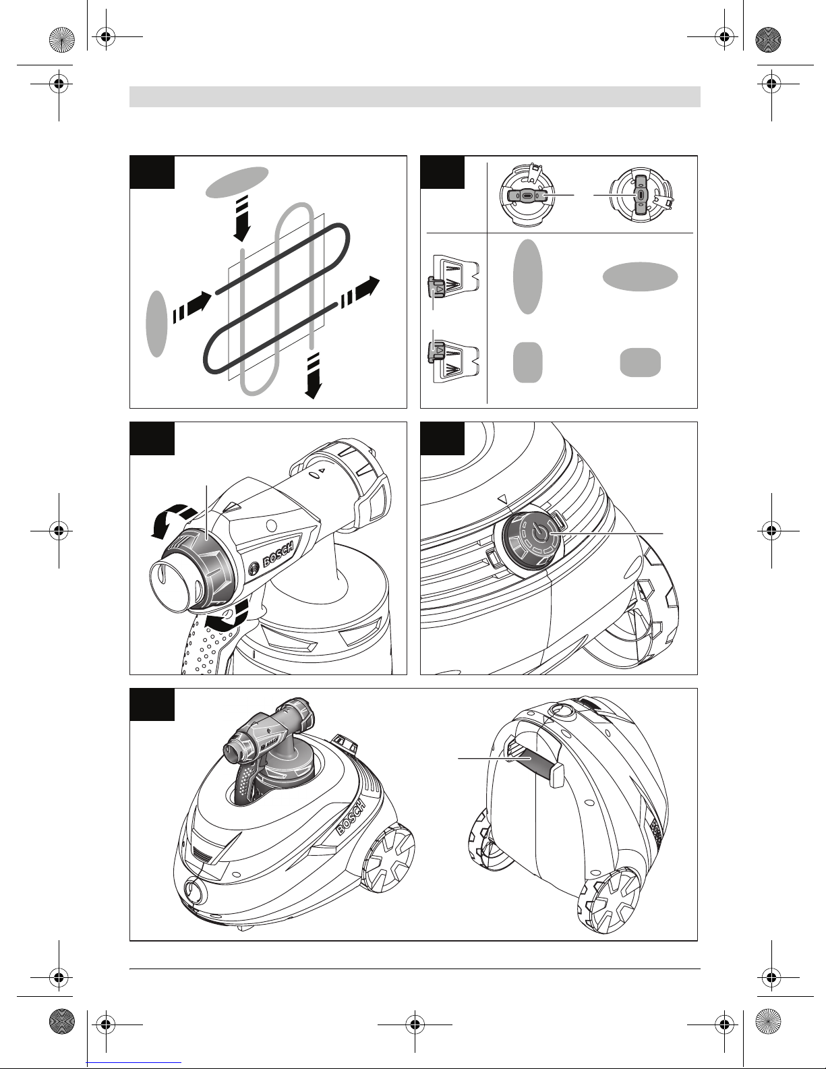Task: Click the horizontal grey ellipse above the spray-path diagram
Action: pyautogui.click(x=237, y=182)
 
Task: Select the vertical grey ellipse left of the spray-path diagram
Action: pyautogui.click(x=157, y=324)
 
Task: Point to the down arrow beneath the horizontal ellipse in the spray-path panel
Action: pyautogui.click(x=242, y=219)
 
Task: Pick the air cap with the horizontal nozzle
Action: pyautogui.click(x=527, y=196)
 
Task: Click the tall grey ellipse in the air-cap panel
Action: pyautogui.click(x=527, y=277)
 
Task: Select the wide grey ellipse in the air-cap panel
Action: pyautogui.click(x=640, y=277)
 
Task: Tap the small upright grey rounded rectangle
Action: pyautogui.click(x=527, y=363)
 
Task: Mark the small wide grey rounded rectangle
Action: pyautogui.click(x=640, y=363)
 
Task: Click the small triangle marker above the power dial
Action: pyautogui.click(x=502, y=498)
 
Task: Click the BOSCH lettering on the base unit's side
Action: pyautogui.click(x=351, y=817)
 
